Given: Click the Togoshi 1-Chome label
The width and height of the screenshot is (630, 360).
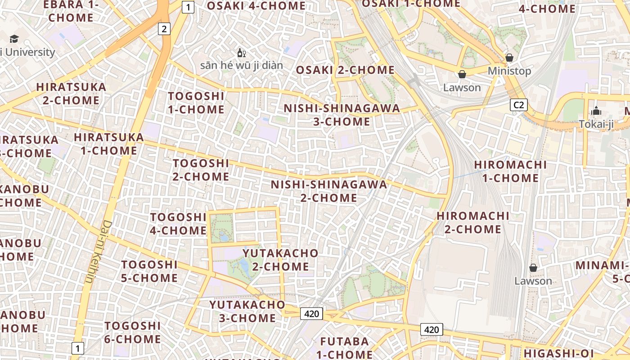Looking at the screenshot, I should coord(196,103).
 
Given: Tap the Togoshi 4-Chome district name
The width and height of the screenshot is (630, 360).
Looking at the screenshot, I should coord(178,224).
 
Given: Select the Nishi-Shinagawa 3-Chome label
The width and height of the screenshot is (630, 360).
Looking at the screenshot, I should coord(342,115).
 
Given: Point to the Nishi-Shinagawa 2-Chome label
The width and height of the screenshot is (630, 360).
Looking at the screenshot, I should coord(328,191).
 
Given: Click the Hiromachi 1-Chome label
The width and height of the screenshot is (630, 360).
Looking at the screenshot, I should coord(510,171).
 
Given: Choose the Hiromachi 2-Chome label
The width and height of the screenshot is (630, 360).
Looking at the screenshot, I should coord(473,222).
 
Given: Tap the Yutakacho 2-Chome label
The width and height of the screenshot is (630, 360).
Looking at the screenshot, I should coord(280,260).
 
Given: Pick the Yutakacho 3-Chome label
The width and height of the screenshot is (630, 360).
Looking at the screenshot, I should coord(247,311).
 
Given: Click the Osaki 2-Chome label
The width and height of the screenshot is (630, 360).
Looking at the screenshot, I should coord(345,70).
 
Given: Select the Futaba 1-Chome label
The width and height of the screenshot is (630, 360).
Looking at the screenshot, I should coord(345,347).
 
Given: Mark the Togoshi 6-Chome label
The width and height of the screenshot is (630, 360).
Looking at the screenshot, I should coord(132,332).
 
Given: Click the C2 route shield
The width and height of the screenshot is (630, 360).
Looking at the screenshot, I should coord(519,105).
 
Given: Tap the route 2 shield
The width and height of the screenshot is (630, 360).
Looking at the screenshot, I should coord(164,29).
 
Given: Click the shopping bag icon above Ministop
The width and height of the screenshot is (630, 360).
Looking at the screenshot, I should coord(509,58).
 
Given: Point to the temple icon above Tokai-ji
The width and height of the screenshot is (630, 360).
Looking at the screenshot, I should coord(596,111).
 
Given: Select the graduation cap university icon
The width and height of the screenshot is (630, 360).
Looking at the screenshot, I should coord(14,39).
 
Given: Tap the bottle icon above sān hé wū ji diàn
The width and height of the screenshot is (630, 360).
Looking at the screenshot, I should coord(241,53).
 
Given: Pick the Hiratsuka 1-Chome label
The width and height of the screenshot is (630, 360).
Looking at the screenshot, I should coord(109,144).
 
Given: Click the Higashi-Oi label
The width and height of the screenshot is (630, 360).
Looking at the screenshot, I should coord(558,353).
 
